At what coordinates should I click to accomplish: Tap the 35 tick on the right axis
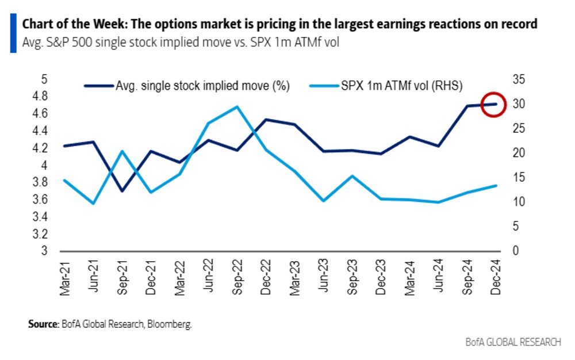click(x=520, y=80)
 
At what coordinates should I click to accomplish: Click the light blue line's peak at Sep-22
click(x=237, y=106)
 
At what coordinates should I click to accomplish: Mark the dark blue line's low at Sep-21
click(x=122, y=191)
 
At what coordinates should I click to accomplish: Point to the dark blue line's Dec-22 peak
click(x=266, y=120)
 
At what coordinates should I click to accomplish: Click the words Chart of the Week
click(x=64, y=25)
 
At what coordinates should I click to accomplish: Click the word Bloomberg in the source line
click(x=170, y=324)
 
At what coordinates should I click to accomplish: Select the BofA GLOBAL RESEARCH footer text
click(x=513, y=342)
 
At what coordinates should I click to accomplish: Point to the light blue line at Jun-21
click(x=93, y=204)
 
